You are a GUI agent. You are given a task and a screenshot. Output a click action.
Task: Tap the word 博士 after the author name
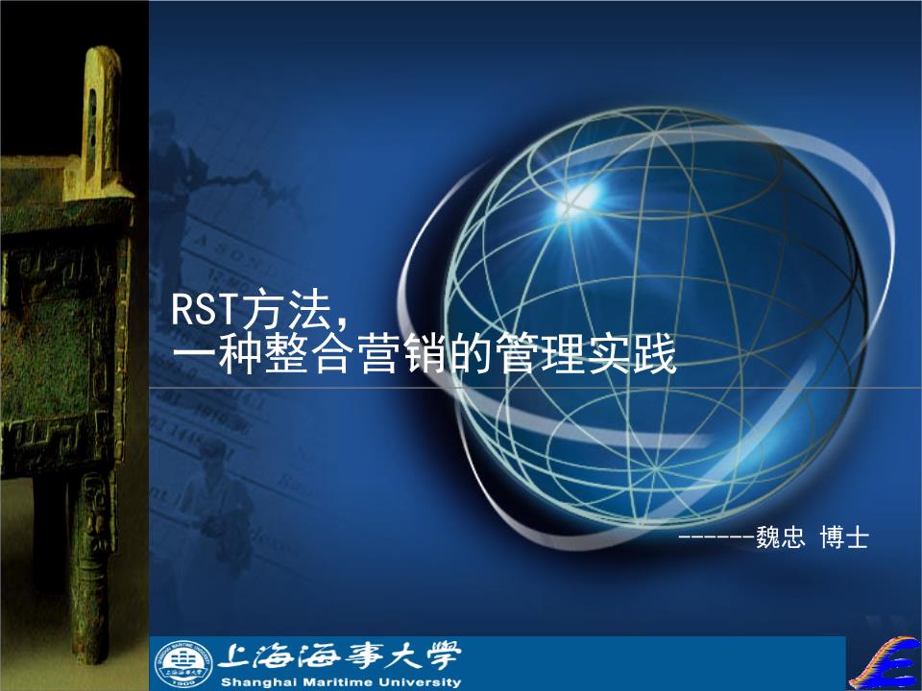point(844,538)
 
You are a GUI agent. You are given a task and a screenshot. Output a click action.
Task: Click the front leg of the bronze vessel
point(91,557)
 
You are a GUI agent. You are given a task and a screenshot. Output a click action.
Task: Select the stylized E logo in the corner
point(885,662)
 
